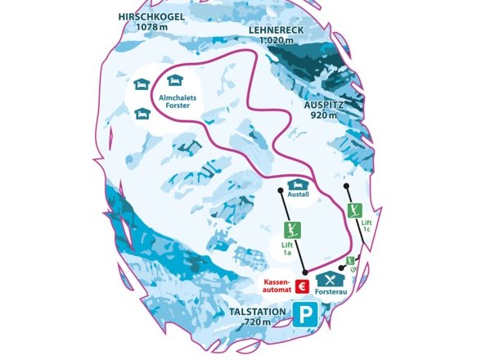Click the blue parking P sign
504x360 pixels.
(306, 316)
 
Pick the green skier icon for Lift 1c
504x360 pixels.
(354, 209)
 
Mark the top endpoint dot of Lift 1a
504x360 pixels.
(281, 191)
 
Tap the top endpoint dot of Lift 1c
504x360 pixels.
(347, 186)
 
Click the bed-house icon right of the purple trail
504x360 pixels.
(173, 80)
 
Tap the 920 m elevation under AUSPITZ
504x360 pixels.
(323, 116)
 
